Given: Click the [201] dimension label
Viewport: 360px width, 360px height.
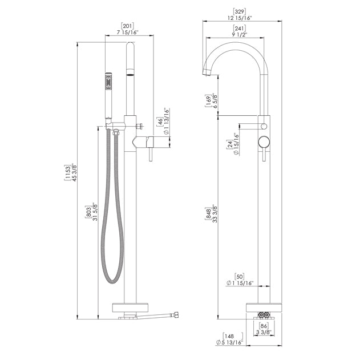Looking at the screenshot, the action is pos(127,26).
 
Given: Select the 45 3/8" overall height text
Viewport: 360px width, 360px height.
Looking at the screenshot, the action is pos(74,172).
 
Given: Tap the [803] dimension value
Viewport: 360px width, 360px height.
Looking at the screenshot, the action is pos(88,212).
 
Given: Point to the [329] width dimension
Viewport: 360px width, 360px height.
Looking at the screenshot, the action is pos(239,11).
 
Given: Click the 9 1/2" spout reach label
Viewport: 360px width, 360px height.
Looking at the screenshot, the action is pos(239,35).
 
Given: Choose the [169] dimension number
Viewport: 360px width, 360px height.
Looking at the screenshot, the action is pos(208,101).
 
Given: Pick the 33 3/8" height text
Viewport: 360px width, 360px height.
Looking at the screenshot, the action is pos(215,214).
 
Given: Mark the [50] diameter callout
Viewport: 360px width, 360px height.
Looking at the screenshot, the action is pos(239,277).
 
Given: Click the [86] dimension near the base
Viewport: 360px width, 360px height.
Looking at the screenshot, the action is pos(264,326).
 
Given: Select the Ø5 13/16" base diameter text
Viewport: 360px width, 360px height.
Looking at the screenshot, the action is pos(229,342).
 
